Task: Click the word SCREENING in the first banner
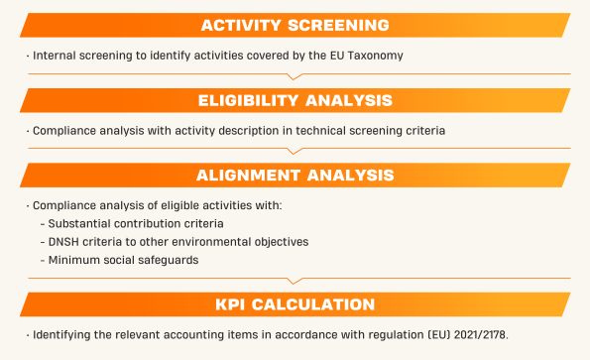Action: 338,25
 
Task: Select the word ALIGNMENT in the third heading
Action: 248,176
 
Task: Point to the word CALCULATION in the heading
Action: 313,304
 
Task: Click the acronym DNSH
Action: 63,242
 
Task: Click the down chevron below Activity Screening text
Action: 295,76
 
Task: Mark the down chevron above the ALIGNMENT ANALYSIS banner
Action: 295,151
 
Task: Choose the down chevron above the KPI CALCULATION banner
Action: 295,281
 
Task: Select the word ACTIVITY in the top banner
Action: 241,25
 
